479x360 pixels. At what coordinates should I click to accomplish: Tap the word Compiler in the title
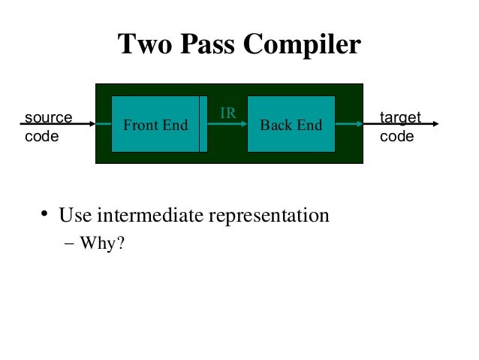tap(303, 46)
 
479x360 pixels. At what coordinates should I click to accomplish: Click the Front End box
tap(155, 124)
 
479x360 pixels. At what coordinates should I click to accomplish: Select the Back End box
tap(291, 124)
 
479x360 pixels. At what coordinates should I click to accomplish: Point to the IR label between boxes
tap(227, 113)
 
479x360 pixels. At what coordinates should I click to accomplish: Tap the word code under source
tap(42, 137)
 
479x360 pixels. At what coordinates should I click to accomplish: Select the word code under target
tap(396, 137)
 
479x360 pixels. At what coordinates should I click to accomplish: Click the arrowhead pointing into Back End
tap(243, 124)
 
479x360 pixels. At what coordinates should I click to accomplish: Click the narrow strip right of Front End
tap(203, 124)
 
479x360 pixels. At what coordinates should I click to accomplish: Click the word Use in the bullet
tap(74, 216)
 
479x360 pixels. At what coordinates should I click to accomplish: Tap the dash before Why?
tap(70, 244)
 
